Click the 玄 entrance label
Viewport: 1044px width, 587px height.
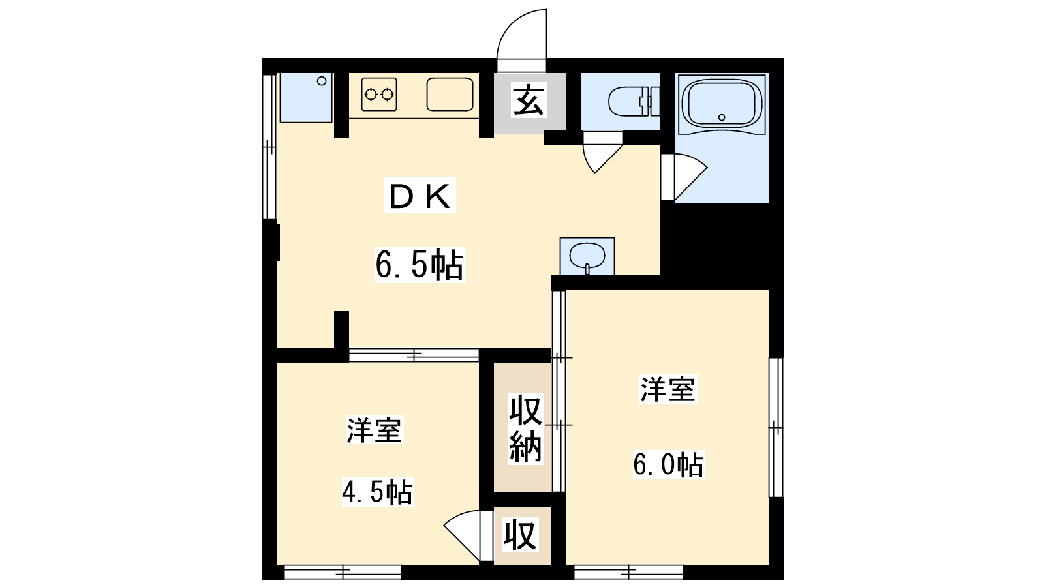[529, 100]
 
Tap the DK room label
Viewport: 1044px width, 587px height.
[420, 196]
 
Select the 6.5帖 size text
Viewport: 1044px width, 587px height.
[420, 265]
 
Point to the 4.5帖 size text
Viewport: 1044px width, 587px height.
[378, 492]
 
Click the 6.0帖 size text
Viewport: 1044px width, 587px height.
[668, 464]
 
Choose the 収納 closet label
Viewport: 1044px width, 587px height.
[525, 429]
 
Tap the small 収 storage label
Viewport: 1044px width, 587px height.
[520, 535]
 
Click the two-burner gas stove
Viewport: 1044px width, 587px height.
[379, 95]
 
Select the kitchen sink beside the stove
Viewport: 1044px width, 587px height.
[450, 95]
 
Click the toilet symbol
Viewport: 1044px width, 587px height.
[634, 101]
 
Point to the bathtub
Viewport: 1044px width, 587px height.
[722, 104]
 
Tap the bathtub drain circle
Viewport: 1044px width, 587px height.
[722, 117]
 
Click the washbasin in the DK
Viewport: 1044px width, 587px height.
[587, 257]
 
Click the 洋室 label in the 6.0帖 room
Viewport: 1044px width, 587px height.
[668, 389]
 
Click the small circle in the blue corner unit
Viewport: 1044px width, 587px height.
[322, 81]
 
